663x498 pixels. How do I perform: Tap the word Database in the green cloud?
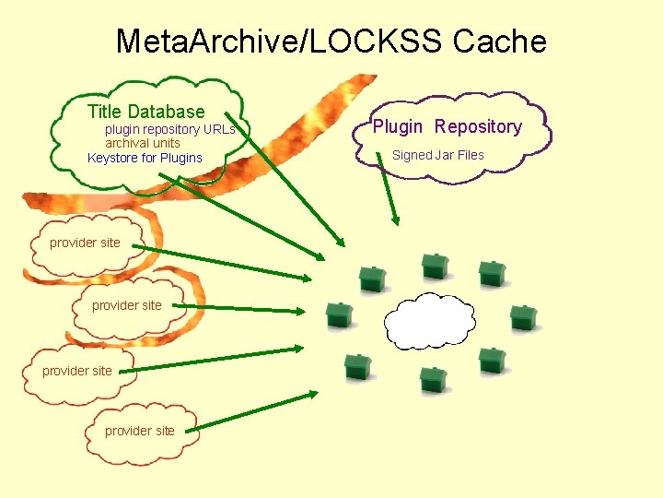166,112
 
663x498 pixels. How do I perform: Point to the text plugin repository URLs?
169,130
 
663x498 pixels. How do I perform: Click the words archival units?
142,143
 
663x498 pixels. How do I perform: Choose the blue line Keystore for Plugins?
144,158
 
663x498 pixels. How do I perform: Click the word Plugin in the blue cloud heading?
397,126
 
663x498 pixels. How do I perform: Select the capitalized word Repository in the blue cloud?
478,126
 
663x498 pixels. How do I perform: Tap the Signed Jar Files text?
437,155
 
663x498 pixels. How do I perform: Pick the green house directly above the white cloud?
434,267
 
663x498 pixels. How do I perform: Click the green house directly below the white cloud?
433,379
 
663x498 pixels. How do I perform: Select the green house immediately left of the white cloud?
340,315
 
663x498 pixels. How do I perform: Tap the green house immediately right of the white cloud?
523,317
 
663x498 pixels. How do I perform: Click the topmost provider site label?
85,243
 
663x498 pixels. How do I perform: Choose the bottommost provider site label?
139,431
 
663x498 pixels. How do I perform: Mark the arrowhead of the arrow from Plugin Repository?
396,220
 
